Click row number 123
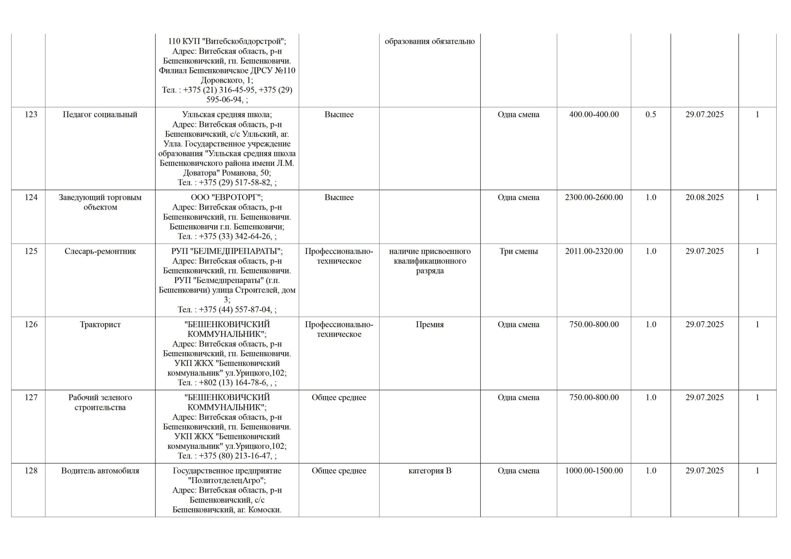31,115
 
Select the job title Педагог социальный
100,115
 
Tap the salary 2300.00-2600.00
594,198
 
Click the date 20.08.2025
704,198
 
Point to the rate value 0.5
650,115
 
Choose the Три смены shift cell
518,251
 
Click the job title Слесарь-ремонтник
100,251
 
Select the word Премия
429,325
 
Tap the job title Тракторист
100,325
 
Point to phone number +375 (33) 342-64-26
235,236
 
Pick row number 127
31,398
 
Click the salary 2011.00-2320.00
594,251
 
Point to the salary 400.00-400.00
594,115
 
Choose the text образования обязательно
429,41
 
